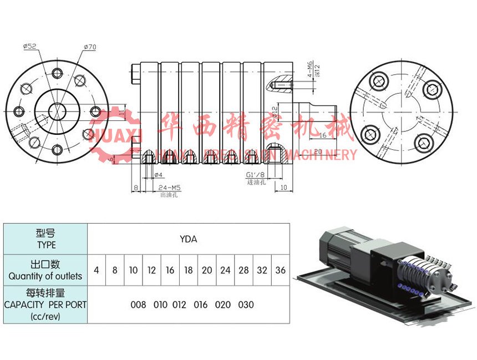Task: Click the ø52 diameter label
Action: coord(30,47)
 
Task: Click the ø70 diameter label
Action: coord(90,47)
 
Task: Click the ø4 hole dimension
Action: coord(157,175)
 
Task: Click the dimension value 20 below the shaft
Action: coord(318,151)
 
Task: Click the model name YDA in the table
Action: coord(189,240)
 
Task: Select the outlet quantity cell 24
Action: coord(225,270)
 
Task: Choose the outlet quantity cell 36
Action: coord(280,270)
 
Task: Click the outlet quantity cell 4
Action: coord(97,270)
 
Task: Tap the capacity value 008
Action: coord(138,305)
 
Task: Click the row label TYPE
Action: coord(46,245)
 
